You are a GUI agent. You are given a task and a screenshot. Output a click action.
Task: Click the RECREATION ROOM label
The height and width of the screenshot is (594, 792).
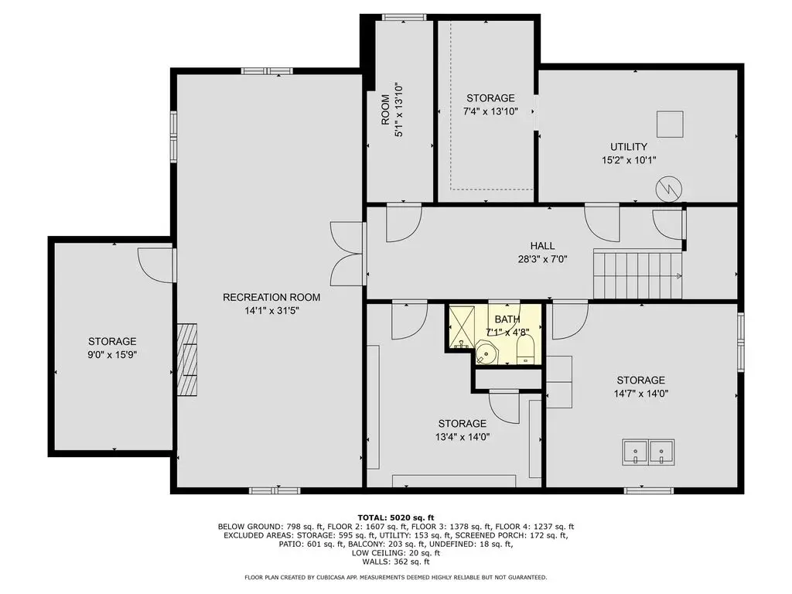click(271, 297)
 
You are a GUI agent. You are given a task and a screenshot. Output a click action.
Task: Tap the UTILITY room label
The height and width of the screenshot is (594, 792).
click(628, 146)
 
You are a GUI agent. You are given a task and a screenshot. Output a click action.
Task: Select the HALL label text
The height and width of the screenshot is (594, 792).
click(542, 245)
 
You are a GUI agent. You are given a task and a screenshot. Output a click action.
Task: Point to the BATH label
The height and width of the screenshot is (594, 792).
click(507, 319)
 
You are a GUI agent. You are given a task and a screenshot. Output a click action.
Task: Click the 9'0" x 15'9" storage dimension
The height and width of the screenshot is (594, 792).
click(112, 354)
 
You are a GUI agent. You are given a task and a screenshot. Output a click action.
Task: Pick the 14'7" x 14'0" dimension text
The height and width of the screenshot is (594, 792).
click(641, 394)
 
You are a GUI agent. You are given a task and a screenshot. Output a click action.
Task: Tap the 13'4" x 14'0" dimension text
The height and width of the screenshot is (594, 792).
click(463, 437)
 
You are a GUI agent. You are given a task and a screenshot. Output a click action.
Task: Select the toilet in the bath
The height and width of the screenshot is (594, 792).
click(526, 350)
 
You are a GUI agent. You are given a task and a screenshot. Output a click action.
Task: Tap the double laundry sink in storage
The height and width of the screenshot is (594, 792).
click(648, 452)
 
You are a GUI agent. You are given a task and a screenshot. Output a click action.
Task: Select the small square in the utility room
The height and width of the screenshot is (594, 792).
click(670, 124)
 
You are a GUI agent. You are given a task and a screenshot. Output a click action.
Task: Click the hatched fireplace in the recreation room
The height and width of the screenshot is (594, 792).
click(187, 360)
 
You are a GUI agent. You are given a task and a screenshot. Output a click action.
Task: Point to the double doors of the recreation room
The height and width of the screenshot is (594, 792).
click(346, 254)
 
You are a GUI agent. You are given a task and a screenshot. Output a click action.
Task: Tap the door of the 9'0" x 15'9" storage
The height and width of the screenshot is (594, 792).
click(155, 265)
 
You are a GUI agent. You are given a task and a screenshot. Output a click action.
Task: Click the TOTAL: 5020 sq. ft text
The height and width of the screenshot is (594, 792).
click(395, 517)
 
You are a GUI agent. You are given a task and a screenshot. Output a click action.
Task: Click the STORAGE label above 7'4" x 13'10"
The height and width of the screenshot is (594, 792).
click(490, 98)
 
